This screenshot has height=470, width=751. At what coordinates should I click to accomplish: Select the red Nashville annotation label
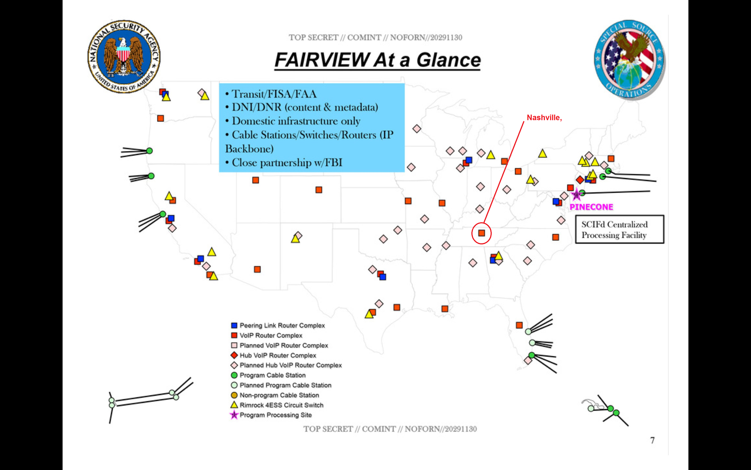click(x=544, y=117)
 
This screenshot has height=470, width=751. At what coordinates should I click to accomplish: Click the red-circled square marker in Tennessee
click(x=481, y=233)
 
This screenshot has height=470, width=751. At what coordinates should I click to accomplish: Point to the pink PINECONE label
click(x=591, y=207)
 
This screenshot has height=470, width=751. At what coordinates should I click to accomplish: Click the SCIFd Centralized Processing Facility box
click(x=619, y=229)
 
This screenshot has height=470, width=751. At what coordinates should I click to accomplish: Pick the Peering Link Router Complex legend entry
click(x=278, y=325)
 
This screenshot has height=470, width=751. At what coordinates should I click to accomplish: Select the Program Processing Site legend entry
click(x=271, y=415)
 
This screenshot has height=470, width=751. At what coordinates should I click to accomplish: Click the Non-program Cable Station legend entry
click(x=275, y=395)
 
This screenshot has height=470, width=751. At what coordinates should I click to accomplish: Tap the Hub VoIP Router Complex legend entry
click(x=273, y=355)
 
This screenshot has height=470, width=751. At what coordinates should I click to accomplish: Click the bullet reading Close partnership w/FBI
click(x=284, y=162)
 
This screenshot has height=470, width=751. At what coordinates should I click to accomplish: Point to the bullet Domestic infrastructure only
click(x=293, y=121)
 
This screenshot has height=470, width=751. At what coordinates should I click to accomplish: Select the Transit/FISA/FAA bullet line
click(x=271, y=94)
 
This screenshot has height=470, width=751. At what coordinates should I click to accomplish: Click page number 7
click(x=652, y=440)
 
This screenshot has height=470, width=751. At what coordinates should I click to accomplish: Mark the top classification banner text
click(x=375, y=38)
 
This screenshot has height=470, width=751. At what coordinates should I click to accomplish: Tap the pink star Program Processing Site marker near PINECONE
click(x=576, y=194)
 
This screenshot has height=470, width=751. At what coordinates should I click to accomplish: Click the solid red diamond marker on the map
click(x=580, y=180)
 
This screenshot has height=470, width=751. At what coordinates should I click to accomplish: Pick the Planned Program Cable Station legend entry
click(x=281, y=385)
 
